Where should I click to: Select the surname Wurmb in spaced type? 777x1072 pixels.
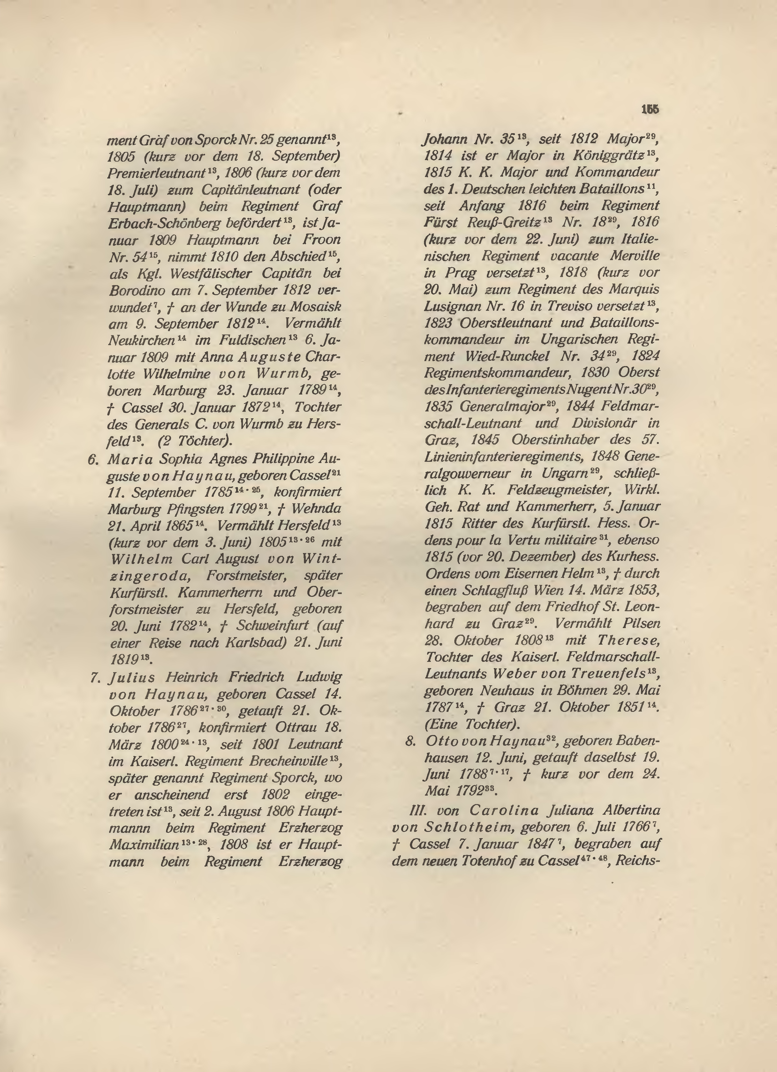283,373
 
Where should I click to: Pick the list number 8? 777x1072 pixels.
410,741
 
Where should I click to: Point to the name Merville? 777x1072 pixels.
633,256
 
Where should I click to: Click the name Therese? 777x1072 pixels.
628,641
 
